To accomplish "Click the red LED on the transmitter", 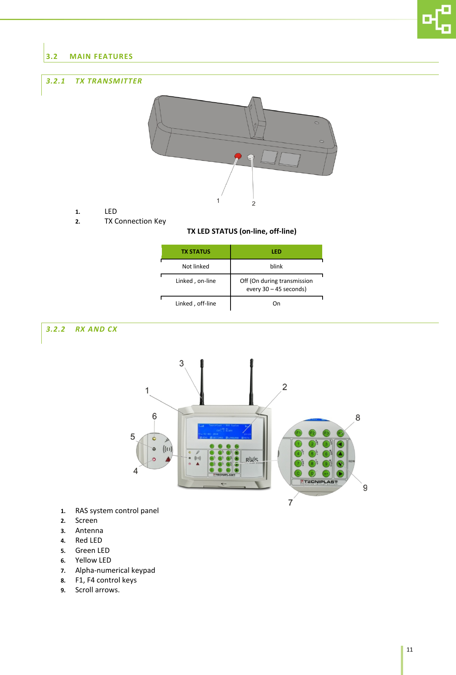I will [x=238, y=156].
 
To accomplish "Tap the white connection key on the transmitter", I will [x=251, y=157].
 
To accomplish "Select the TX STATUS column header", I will [x=196, y=252].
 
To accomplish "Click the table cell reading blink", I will [x=276, y=266].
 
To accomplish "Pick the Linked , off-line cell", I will [x=196, y=304].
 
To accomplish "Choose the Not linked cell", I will [x=196, y=266].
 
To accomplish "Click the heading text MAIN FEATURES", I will [x=101, y=57].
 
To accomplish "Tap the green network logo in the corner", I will [x=436, y=19].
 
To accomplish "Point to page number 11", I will [x=410, y=650].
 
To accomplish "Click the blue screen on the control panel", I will [x=224, y=431].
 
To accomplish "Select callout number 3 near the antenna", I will [x=181, y=363].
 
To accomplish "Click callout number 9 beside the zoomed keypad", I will [x=365, y=488].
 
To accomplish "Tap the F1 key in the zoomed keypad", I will [x=298, y=433].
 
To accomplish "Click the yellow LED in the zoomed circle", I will [x=154, y=439].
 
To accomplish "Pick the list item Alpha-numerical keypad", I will [x=115, y=570].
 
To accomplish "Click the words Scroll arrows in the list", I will [x=97, y=590].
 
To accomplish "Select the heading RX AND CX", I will [x=96, y=329].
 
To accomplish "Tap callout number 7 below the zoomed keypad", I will [x=290, y=503].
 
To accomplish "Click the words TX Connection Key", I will [x=135, y=221].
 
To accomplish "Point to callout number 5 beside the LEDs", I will [x=133, y=437].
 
